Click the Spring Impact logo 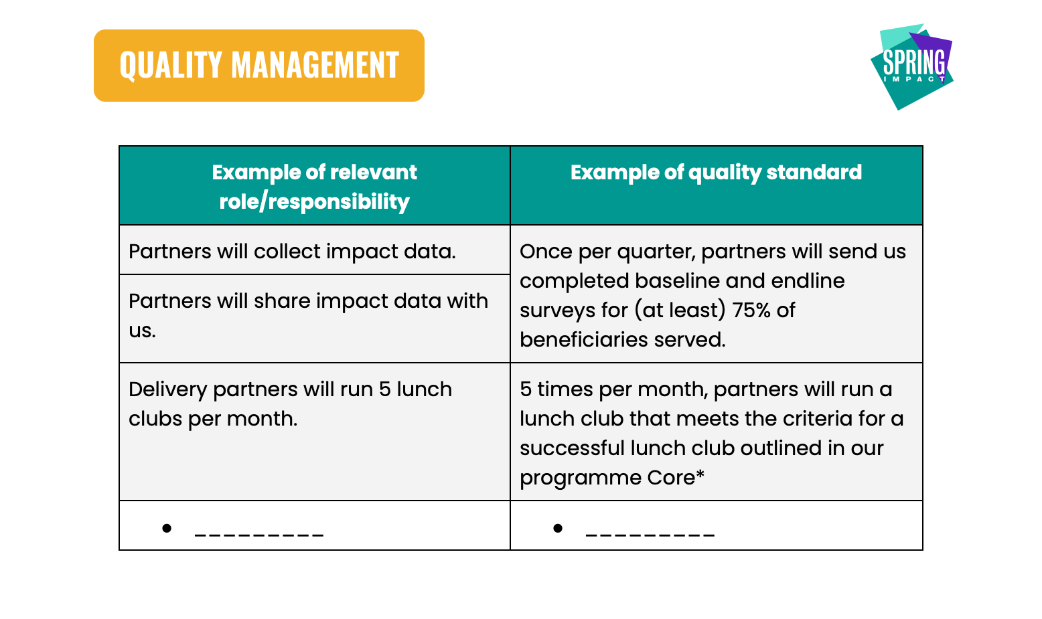coord(912,67)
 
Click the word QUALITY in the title coord(170,66)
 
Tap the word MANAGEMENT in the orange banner coord(315,65)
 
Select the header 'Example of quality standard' coord(716,173)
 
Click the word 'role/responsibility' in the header coord(315,202)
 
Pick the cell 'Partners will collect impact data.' coord(293,252)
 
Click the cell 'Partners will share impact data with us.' coord(309,316)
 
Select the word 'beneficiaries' coord(583,340)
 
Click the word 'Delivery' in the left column coord(167,390)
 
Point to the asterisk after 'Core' coord(700,474)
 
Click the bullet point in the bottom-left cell coord(167,529)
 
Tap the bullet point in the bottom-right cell coord(559,529)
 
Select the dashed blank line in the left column coord(259,536)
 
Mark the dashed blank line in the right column coord(650,536)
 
